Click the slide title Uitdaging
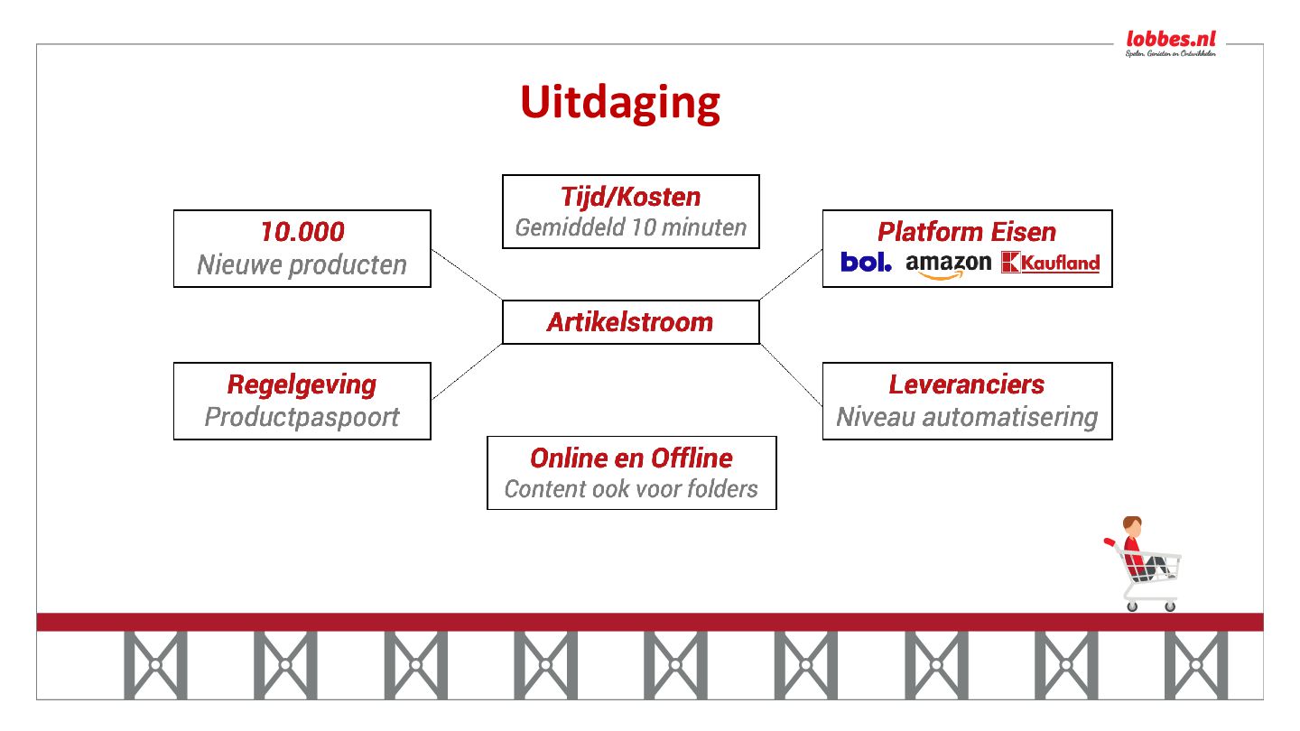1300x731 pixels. (620, 103)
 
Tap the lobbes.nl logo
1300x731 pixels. (1171, 42)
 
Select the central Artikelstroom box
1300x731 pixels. (630, 322)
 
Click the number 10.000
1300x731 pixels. (302, 232)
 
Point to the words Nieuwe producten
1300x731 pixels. (302, 265)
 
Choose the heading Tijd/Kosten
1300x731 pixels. (630, 197)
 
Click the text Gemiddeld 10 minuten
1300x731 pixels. (630, 227)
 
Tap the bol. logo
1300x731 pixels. (866, 263)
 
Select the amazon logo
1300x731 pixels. (948, 264)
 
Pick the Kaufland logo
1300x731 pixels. (1051, 263)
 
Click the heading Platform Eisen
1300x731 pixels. (967, 232)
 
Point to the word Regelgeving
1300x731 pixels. (302, 384)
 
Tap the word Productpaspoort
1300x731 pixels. (302, 417)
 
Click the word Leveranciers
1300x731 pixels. (967, 384)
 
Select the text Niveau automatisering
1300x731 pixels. (967, 417)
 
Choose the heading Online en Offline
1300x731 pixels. (631, 458)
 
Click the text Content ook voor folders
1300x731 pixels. (631, 489)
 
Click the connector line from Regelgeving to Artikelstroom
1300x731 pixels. (467, 371)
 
